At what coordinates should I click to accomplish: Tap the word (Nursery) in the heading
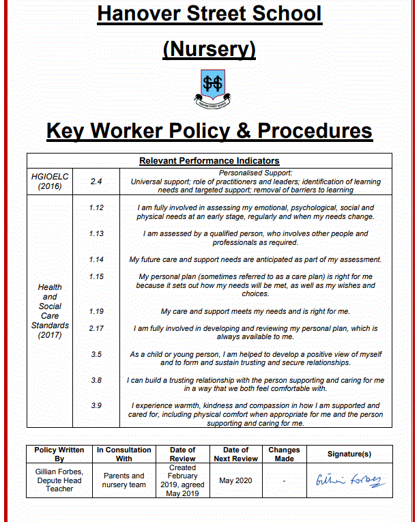point(209,49)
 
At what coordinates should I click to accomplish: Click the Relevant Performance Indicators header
point(209,161)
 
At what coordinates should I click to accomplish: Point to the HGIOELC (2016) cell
point(49,181)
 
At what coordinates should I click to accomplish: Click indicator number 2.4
point(96,182)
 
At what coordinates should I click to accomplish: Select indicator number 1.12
point(96,207)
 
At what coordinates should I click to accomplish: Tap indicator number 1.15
point(96,276)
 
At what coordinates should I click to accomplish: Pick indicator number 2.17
point(96,328)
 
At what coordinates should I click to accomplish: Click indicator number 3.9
point(96,405)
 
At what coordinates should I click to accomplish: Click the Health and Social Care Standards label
point(49,311)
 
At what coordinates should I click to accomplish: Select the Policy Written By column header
point(59,454)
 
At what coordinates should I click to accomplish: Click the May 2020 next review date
point(235,480)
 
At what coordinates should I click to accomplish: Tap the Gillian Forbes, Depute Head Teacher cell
point(59,480)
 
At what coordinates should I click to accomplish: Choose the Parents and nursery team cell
point(124,480)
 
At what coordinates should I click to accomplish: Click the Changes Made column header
point(284,454)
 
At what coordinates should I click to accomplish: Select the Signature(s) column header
point(349,454)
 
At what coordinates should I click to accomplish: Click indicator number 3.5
point(96,354)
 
